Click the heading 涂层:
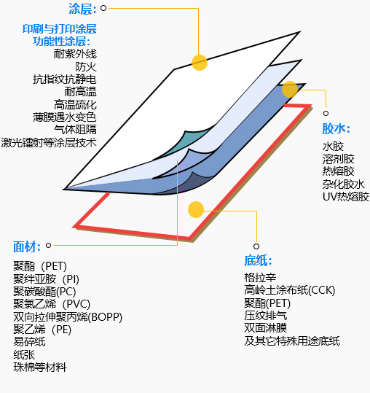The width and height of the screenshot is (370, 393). point(82,9)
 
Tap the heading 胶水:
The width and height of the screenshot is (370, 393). point(336,129)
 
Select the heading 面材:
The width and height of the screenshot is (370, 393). point(27,246)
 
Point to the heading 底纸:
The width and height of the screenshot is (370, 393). point(258,260)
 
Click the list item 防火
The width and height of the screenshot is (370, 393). point(86,66)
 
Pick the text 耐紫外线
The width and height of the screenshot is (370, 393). point(75,54)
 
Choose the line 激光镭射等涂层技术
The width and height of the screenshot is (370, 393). point(49,143)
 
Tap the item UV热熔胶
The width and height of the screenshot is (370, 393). point(346,197)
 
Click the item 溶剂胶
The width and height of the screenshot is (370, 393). point(338,159)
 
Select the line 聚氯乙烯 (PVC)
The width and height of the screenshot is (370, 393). point(52,304)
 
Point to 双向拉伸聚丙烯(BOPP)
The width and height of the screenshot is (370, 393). point(68,316)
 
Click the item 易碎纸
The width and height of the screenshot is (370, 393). point(29,342)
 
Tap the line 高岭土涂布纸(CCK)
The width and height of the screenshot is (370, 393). point(290,290)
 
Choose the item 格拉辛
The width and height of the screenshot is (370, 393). point(260,278)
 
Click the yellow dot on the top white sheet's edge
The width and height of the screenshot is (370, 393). point(200,63)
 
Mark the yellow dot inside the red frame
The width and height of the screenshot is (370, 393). point(196,209)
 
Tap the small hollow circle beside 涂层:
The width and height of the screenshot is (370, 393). point(103,8)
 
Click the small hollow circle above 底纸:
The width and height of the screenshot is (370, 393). point(256,246)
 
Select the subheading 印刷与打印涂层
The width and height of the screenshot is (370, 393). point(60,29)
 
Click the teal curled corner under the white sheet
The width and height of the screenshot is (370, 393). point(185,142)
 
